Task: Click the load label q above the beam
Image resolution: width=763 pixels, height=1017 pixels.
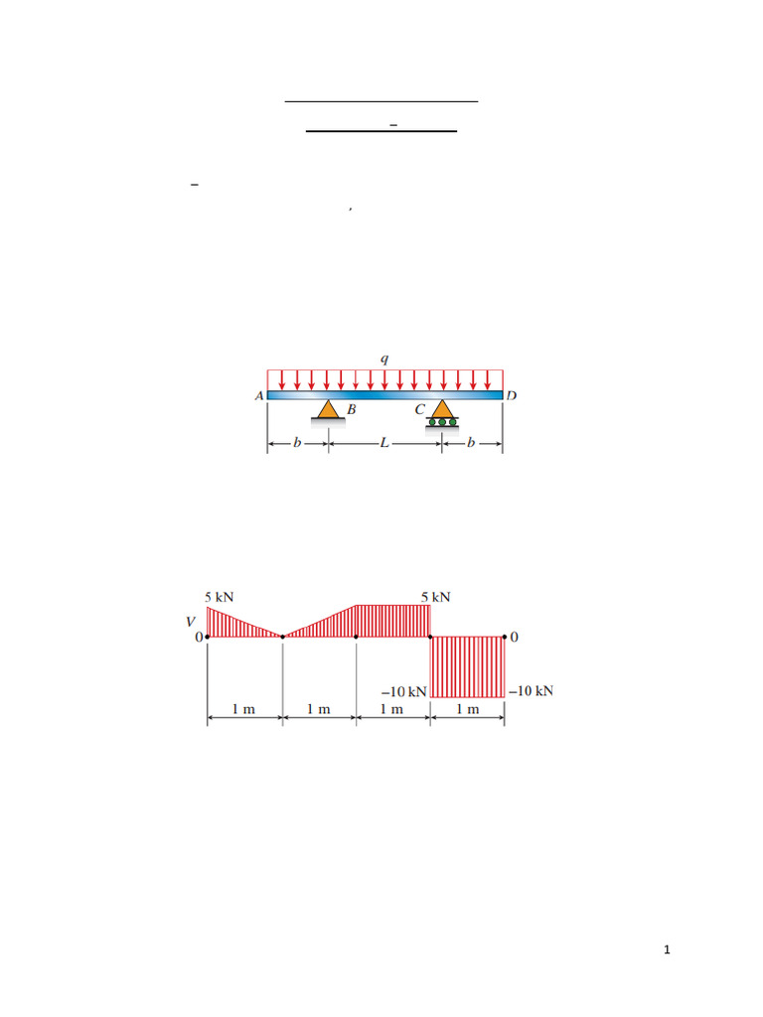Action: coord(384,359)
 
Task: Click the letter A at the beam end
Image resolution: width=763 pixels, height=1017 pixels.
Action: coord(259,395)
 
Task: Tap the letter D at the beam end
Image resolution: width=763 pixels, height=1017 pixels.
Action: coord(512,395)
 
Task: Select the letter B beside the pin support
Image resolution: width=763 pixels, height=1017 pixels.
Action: coord(351,409)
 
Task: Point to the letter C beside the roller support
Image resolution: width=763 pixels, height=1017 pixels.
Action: coord(420,409)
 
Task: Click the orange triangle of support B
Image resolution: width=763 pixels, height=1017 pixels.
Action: coord(328,409)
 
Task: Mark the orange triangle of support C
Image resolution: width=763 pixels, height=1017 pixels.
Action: coord(442,408)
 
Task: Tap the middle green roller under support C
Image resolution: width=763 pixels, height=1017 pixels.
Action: coord(442,422)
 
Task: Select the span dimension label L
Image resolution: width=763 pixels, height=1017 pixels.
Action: coord(384,443)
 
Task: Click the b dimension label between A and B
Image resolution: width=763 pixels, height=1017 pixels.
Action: coord(297,442)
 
